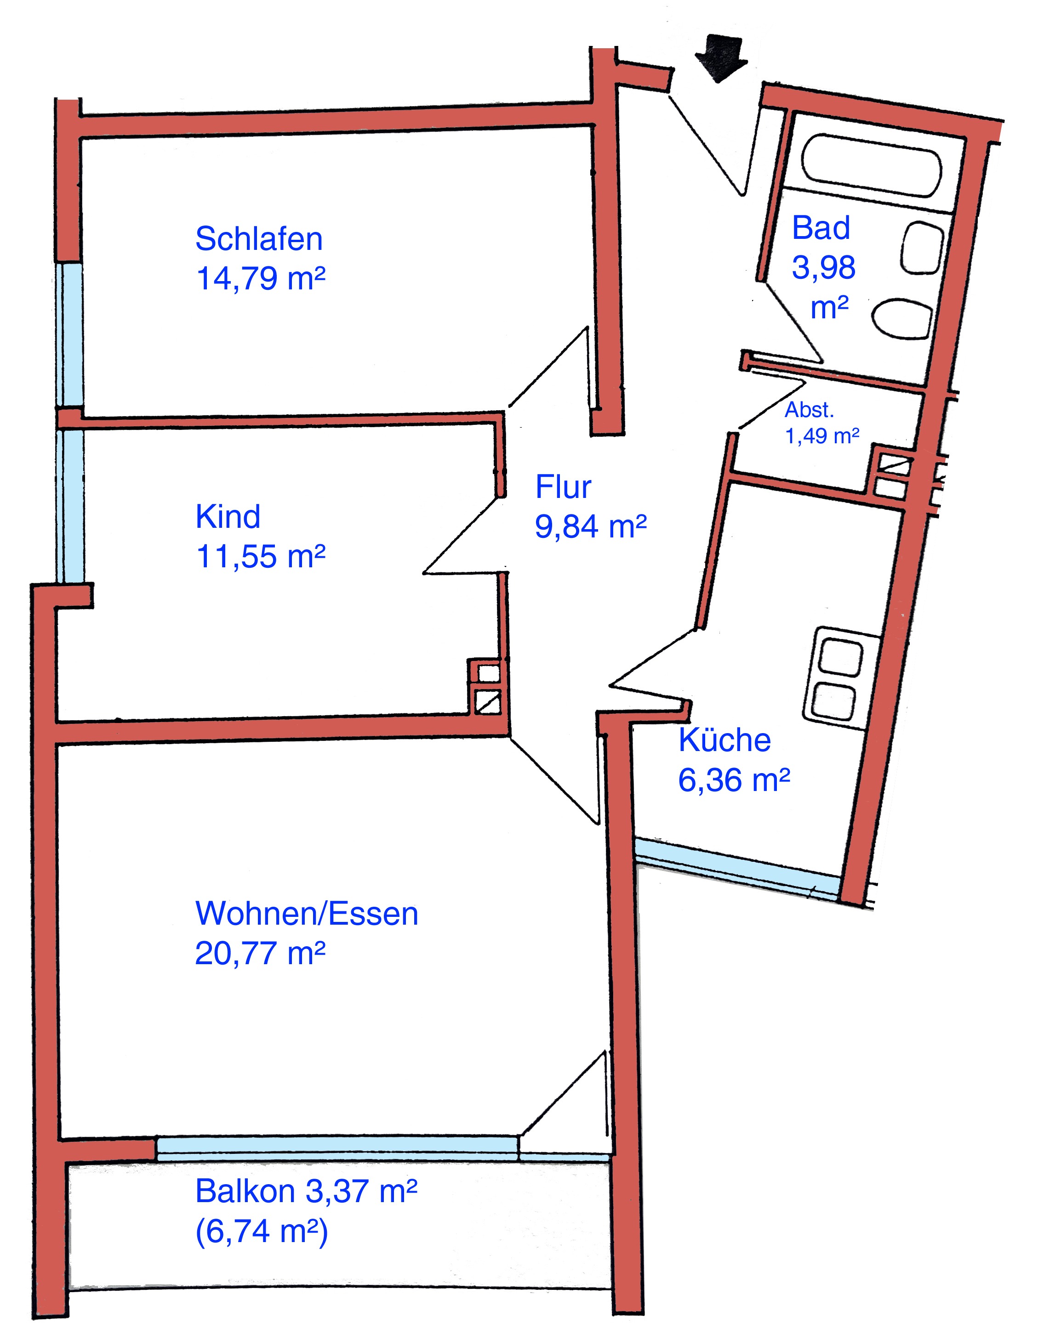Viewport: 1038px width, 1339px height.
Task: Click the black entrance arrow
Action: coord(721,57)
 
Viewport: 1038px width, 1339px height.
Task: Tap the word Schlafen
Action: coord(259,239)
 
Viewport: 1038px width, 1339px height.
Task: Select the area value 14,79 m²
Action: coord(260,278)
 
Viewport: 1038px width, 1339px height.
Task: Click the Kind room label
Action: coord(228,516)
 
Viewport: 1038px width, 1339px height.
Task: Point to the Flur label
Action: coord(563,487)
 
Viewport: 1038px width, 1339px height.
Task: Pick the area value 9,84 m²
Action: coord(591,526)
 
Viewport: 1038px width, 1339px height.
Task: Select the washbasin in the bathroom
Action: coord(921,247)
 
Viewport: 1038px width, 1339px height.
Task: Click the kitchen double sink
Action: coord(840,676)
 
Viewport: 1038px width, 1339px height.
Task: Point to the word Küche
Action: coord(724,740)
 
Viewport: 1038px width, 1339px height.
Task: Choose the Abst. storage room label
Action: coord(809,410)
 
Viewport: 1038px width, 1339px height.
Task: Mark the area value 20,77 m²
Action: coord(260,953)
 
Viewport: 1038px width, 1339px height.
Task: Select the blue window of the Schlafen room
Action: coord(70,334)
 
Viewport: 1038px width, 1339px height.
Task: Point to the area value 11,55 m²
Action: coord(260,556)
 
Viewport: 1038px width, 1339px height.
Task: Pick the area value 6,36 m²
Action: coord(734,780)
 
